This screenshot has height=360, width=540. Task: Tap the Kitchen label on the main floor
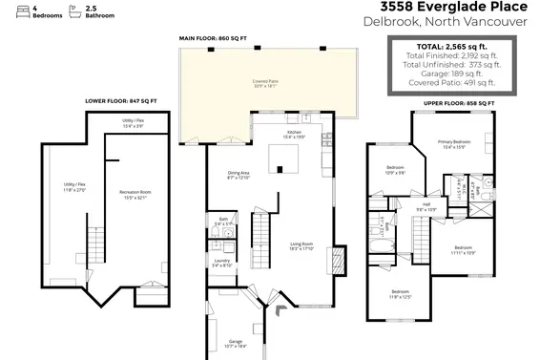(294, 133)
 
